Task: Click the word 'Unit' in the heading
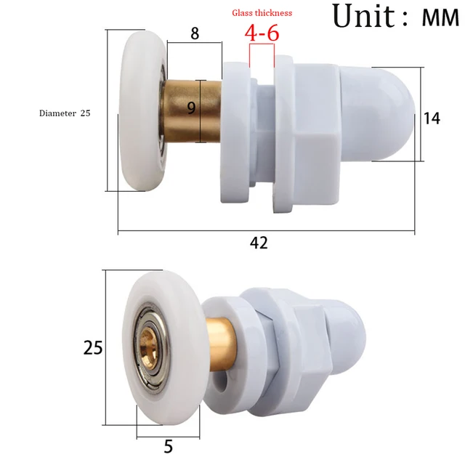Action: (363, 16)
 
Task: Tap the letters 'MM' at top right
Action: (440, 18)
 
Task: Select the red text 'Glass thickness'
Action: (262, 13)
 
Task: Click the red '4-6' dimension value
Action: (262, 33)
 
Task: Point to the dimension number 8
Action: (195, 33)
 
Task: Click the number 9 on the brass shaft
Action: (191, 108)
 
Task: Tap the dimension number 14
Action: (432, 118)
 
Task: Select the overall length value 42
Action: (259, 243)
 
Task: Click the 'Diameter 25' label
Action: (65, 113)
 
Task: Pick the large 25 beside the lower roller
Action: (93, 348)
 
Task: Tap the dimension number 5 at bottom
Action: (169, 445)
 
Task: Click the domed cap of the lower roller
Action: (349, 331)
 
